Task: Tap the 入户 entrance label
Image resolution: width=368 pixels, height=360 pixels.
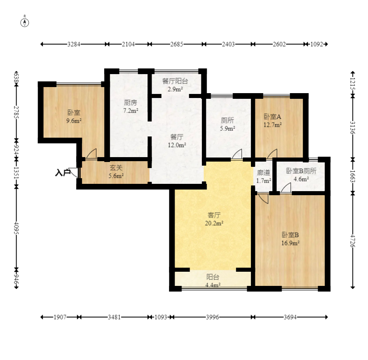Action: pyautogui.click(x=63, y=173)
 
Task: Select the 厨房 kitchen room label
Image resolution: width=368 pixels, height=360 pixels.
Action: pyautogui.click(x=131, y=102)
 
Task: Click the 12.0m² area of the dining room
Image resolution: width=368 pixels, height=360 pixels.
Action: pyautogui.click(x=177, y=145)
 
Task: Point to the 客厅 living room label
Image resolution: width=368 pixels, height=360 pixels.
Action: pyautogui.click(x=214, y=215)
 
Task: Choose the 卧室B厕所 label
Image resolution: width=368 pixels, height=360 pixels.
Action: pyautogui.click(x=301, y=171)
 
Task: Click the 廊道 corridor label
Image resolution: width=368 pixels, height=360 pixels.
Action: pyautogui.click(x=263, y=173)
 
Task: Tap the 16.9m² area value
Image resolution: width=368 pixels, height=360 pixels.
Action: pyautogui.click(x=290, y=243)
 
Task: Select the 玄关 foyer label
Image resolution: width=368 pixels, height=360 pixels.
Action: pyautogui.click(x=116, y=168)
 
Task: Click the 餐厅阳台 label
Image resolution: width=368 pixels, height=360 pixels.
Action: pyautogui.click(x=175, y=81)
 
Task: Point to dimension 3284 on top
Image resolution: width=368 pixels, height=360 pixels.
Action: pyautogui.click(x=74, y=44)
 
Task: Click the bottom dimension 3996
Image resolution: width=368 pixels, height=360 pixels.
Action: pyautogui.click(x=212, y=317)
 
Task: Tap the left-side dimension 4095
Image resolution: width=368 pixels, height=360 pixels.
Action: pyautogui.click(x=16, y=228)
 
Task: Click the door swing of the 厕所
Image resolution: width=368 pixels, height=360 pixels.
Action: pyautogui.click(x=237, y=154)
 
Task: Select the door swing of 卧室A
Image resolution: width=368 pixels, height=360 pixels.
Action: pyautogui.click(x=272, y=154)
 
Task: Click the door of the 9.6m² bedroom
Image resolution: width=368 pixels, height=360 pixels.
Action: pyautogui.click(x=91, y=154)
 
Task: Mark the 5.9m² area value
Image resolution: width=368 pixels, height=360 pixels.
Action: pyautogui.click(x=228, y=128)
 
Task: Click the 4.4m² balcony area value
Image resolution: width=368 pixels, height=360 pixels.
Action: pyautogui.click(x=213, y=285)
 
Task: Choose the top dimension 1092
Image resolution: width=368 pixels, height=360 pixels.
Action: pyautogui.click(x=317, y=44)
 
